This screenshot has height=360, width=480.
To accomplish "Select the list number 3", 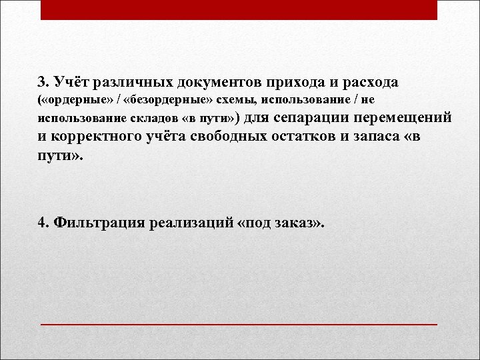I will coord(43,82).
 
